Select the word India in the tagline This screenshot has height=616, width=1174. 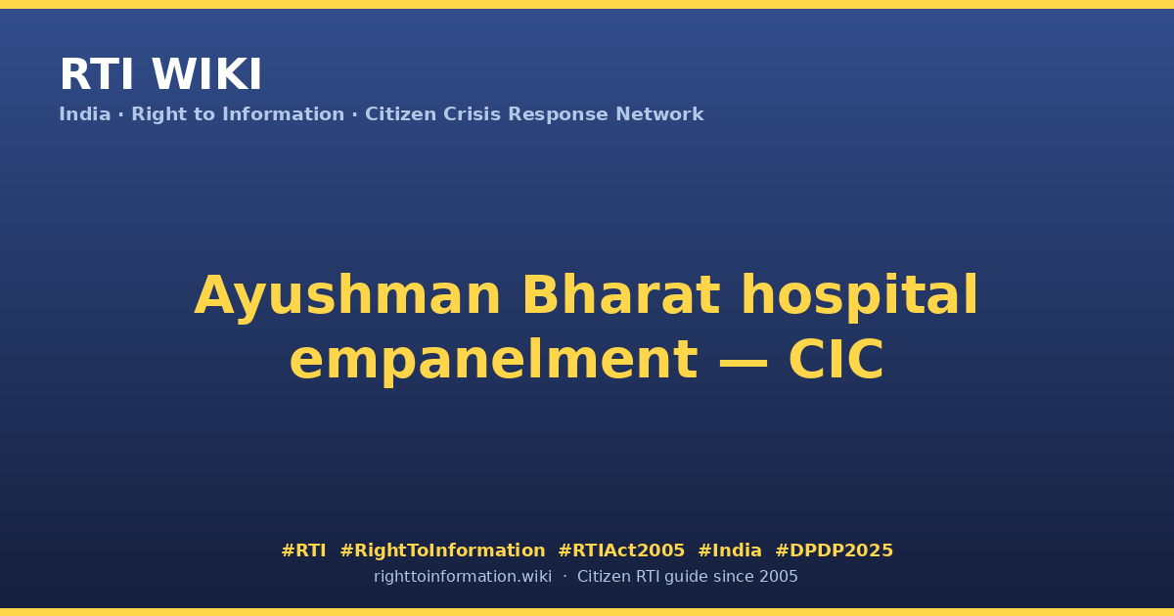point(85,114)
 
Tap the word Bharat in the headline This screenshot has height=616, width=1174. point(621,295)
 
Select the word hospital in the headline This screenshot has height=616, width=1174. point(860,297)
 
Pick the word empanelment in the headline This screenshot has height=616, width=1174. point(494,361)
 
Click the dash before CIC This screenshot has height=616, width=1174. point(744,362)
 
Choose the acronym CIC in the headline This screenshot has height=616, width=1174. point(835,360)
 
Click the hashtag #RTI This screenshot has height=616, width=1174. point(303,550)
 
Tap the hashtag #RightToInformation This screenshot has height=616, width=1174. point(442,551)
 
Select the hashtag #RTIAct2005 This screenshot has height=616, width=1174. point(621,550)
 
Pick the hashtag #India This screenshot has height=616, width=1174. point(730,550)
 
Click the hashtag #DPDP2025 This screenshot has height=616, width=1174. point(834,550)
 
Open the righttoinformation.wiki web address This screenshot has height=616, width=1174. point(463,577)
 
